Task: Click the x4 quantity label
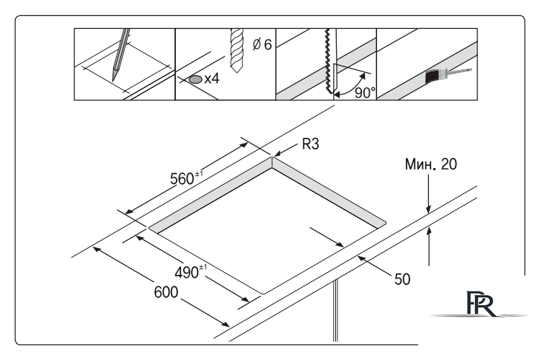pos(212,79)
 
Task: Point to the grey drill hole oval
pos(194,79)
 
